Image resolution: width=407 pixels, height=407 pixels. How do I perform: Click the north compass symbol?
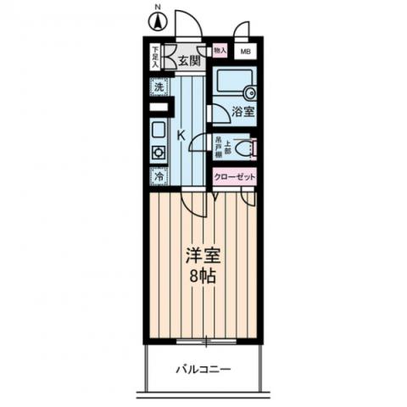click(157, 22)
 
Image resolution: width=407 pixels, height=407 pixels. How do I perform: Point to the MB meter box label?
click(246, 52)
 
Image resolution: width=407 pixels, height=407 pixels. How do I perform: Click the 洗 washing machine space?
click(159, 87)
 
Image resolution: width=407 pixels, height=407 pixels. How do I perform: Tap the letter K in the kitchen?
click(181, 134)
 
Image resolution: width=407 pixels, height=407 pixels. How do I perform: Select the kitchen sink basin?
click(159, 131)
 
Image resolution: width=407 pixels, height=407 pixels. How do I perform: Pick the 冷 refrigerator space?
click(159, 177)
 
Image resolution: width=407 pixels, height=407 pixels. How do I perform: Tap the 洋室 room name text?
click(202, 252)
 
